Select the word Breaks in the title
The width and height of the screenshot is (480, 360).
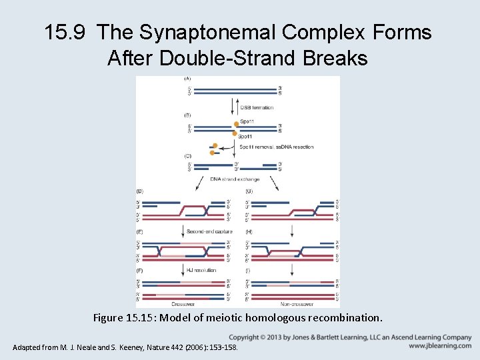(333, 58)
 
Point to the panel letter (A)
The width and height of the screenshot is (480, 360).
(187, 79)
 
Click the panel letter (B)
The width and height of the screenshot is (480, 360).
(187, 115)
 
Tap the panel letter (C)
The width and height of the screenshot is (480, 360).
(187, 155)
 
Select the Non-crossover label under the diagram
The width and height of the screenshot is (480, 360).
(291, 303)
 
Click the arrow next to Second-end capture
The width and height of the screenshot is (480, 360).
(182, 232)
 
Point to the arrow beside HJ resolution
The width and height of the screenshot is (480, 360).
(182, 270)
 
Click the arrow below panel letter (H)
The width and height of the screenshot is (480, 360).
(292, 233)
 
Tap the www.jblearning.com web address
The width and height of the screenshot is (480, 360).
(440, 346)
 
